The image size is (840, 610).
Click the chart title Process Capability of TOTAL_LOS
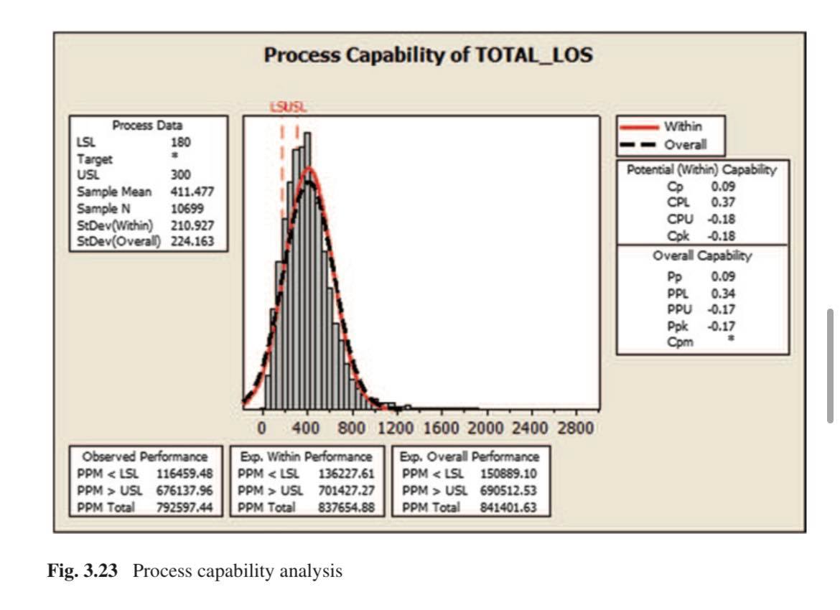click(428, 55)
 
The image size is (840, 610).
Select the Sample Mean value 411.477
click(192, 192)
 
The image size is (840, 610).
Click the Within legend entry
click(683, 126)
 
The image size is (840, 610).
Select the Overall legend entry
click(686, 144)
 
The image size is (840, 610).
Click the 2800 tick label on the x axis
click(576, 428)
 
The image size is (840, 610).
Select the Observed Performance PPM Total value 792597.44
click(185, 508)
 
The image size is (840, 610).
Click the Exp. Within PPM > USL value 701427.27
click(347, 491)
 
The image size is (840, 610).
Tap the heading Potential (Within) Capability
click(701, 170)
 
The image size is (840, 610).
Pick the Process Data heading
click(147, 125)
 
